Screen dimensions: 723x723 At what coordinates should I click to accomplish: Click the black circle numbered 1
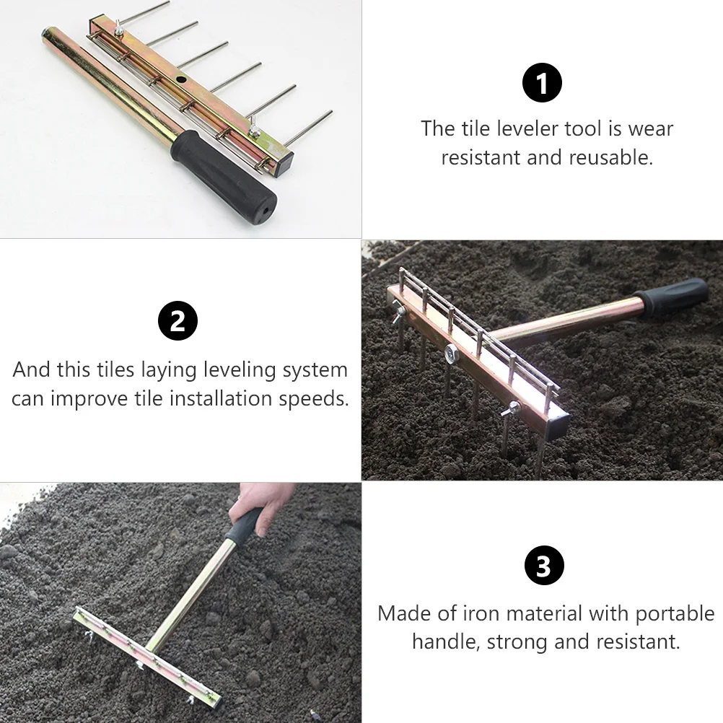pyautogui.click(x=542, y=84)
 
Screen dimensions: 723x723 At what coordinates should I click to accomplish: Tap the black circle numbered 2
pyautogui.click(x=178, y=322)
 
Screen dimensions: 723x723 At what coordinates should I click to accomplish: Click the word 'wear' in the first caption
pyautogui.click(x=651, y=129)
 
